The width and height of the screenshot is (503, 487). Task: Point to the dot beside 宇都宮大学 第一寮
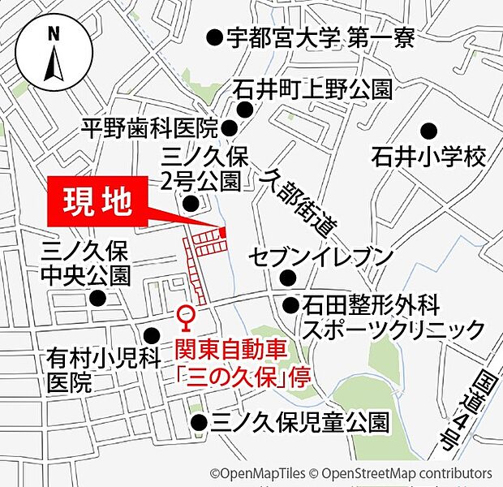(214, 37)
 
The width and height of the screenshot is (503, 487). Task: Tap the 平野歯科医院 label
(151, 127)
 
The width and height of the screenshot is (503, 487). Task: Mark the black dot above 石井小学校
(428, 130)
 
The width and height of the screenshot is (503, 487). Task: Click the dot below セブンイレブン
(287, 278)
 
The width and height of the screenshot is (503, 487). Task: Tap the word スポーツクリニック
(393, 330)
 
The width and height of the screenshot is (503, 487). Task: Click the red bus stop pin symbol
(186, 317)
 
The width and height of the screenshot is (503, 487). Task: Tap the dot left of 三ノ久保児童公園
(199, 422)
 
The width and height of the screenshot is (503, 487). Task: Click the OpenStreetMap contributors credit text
(406, 473)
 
